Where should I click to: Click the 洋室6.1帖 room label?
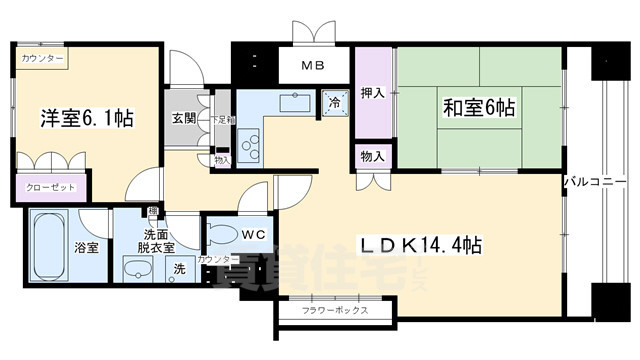coord(87,118)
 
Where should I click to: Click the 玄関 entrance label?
coord(183,118)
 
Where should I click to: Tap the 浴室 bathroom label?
coord(85,247)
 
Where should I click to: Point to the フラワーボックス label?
coord(335,311)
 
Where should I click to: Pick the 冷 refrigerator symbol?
coord(333,101)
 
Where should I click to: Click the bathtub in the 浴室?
coord(50,247)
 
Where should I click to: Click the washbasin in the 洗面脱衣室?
coord(137,270)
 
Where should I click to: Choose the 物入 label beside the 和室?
coord(369,156)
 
